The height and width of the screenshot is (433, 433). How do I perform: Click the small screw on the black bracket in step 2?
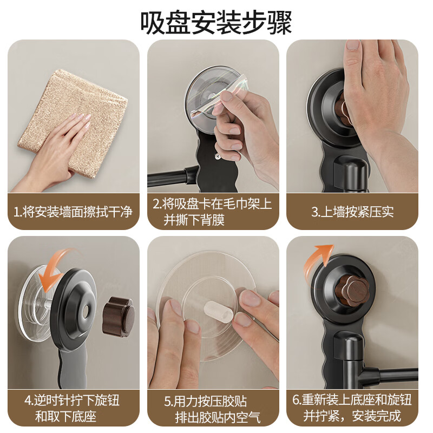click(x=216, y=157)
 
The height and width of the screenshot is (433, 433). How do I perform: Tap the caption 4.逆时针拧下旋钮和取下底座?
click(x=73, y=408)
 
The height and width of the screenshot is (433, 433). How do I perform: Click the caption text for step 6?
click(x=352, y=408)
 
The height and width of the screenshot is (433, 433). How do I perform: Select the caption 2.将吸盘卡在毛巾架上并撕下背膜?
click(x=213, y=211)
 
